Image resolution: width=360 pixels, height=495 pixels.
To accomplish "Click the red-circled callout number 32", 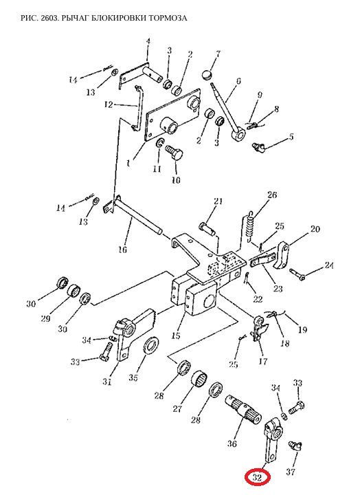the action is click(x=257, y=477).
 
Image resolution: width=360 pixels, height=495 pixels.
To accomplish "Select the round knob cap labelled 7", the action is click(x=207, y=75).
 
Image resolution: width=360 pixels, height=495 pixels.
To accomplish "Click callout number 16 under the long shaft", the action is click(x=123, y=250).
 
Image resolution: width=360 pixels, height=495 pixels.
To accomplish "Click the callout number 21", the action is click(x=218, y=201).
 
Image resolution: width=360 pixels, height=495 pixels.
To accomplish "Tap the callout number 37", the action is click(x=291, y=472).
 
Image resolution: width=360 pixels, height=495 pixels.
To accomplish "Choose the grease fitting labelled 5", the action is click(x=258, y=146).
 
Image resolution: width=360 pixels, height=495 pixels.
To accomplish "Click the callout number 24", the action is click(x=329, y=265).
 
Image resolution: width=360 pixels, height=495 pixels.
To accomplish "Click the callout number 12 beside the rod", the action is click(x=109, y=104).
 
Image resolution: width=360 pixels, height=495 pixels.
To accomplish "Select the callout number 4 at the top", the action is click(x=148, y=41).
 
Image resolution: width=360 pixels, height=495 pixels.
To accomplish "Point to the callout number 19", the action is click(x=302, y=330).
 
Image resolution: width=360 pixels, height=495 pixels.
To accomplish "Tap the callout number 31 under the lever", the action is click(x=107, y=382).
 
